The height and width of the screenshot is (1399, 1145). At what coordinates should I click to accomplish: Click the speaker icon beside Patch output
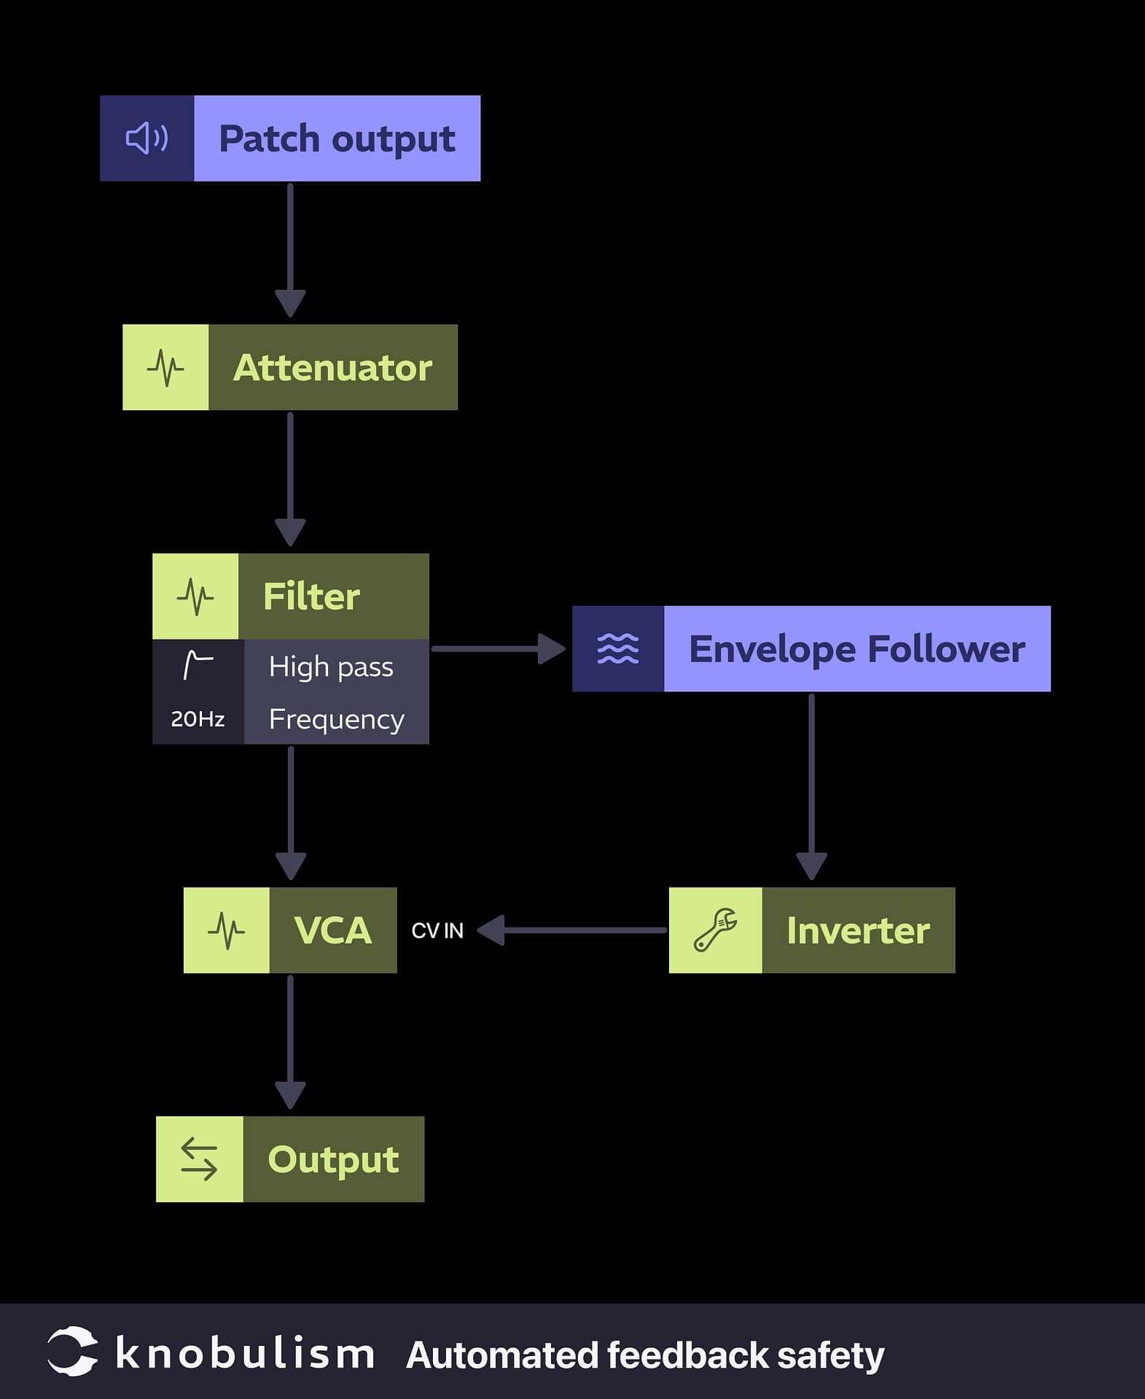146,138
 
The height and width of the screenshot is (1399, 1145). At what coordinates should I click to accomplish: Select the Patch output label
337,138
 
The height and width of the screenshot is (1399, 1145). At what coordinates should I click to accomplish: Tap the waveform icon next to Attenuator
165,367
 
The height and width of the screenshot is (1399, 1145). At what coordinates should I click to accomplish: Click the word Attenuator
332,367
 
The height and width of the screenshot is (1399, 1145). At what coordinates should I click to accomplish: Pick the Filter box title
311,596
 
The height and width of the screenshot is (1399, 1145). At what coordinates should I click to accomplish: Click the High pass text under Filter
331,667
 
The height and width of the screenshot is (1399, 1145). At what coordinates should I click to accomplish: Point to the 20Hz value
198,719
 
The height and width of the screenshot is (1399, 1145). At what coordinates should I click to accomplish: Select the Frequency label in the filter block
336,719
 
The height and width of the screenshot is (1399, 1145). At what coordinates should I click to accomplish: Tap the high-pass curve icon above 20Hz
198,665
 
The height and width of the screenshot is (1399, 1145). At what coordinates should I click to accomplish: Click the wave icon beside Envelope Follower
618,648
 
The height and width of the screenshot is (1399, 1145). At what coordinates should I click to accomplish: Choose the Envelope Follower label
856,648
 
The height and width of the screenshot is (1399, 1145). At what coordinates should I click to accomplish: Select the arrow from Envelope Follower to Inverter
811,787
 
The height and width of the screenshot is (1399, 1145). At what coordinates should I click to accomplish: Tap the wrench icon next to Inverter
715,930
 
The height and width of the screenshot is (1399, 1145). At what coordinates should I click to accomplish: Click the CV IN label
437,930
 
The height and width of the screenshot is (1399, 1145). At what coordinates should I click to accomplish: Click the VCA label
332,930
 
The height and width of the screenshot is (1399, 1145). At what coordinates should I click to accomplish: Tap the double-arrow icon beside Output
199,1159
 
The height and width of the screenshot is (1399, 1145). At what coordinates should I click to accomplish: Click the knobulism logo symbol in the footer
72,1352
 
